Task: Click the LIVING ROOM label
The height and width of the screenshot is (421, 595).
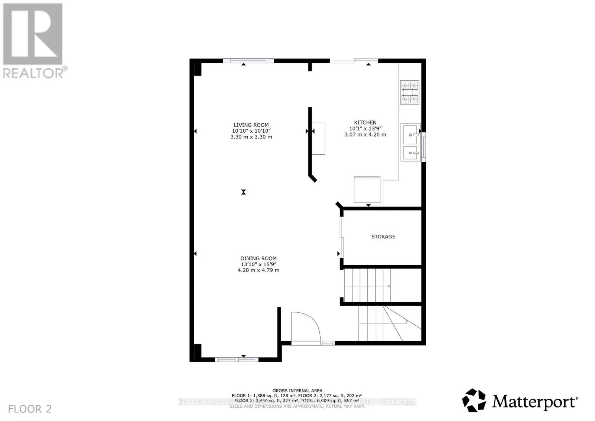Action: pos(251,125)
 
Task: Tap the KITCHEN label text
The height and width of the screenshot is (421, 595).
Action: pos(365,122)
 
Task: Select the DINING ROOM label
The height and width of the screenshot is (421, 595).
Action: pos(258,258)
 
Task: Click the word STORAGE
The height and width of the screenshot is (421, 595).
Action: pos(383,237)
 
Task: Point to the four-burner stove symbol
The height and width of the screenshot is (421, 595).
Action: pos(409,92)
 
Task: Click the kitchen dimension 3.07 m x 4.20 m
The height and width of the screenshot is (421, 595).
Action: pos(365,135)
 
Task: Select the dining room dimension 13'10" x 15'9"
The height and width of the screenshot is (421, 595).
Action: pos(258,264)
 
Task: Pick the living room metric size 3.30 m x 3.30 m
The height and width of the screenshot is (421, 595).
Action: pos(251,137)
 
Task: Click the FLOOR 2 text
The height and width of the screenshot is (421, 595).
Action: pos(30,409)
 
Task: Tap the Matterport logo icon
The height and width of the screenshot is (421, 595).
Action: pos(474,400)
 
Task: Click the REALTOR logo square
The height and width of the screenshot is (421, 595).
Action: pos(33,34)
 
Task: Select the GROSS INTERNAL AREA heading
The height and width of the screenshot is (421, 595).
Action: pos(297,391)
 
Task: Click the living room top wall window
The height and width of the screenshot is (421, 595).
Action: pos(248,61)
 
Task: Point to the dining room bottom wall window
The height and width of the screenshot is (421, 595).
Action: pos(237,360)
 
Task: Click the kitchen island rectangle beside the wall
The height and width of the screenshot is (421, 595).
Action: pos(318,138)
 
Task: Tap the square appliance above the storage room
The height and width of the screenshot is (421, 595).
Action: pos(367,190)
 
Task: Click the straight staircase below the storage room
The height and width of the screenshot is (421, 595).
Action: pos(367,285)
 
